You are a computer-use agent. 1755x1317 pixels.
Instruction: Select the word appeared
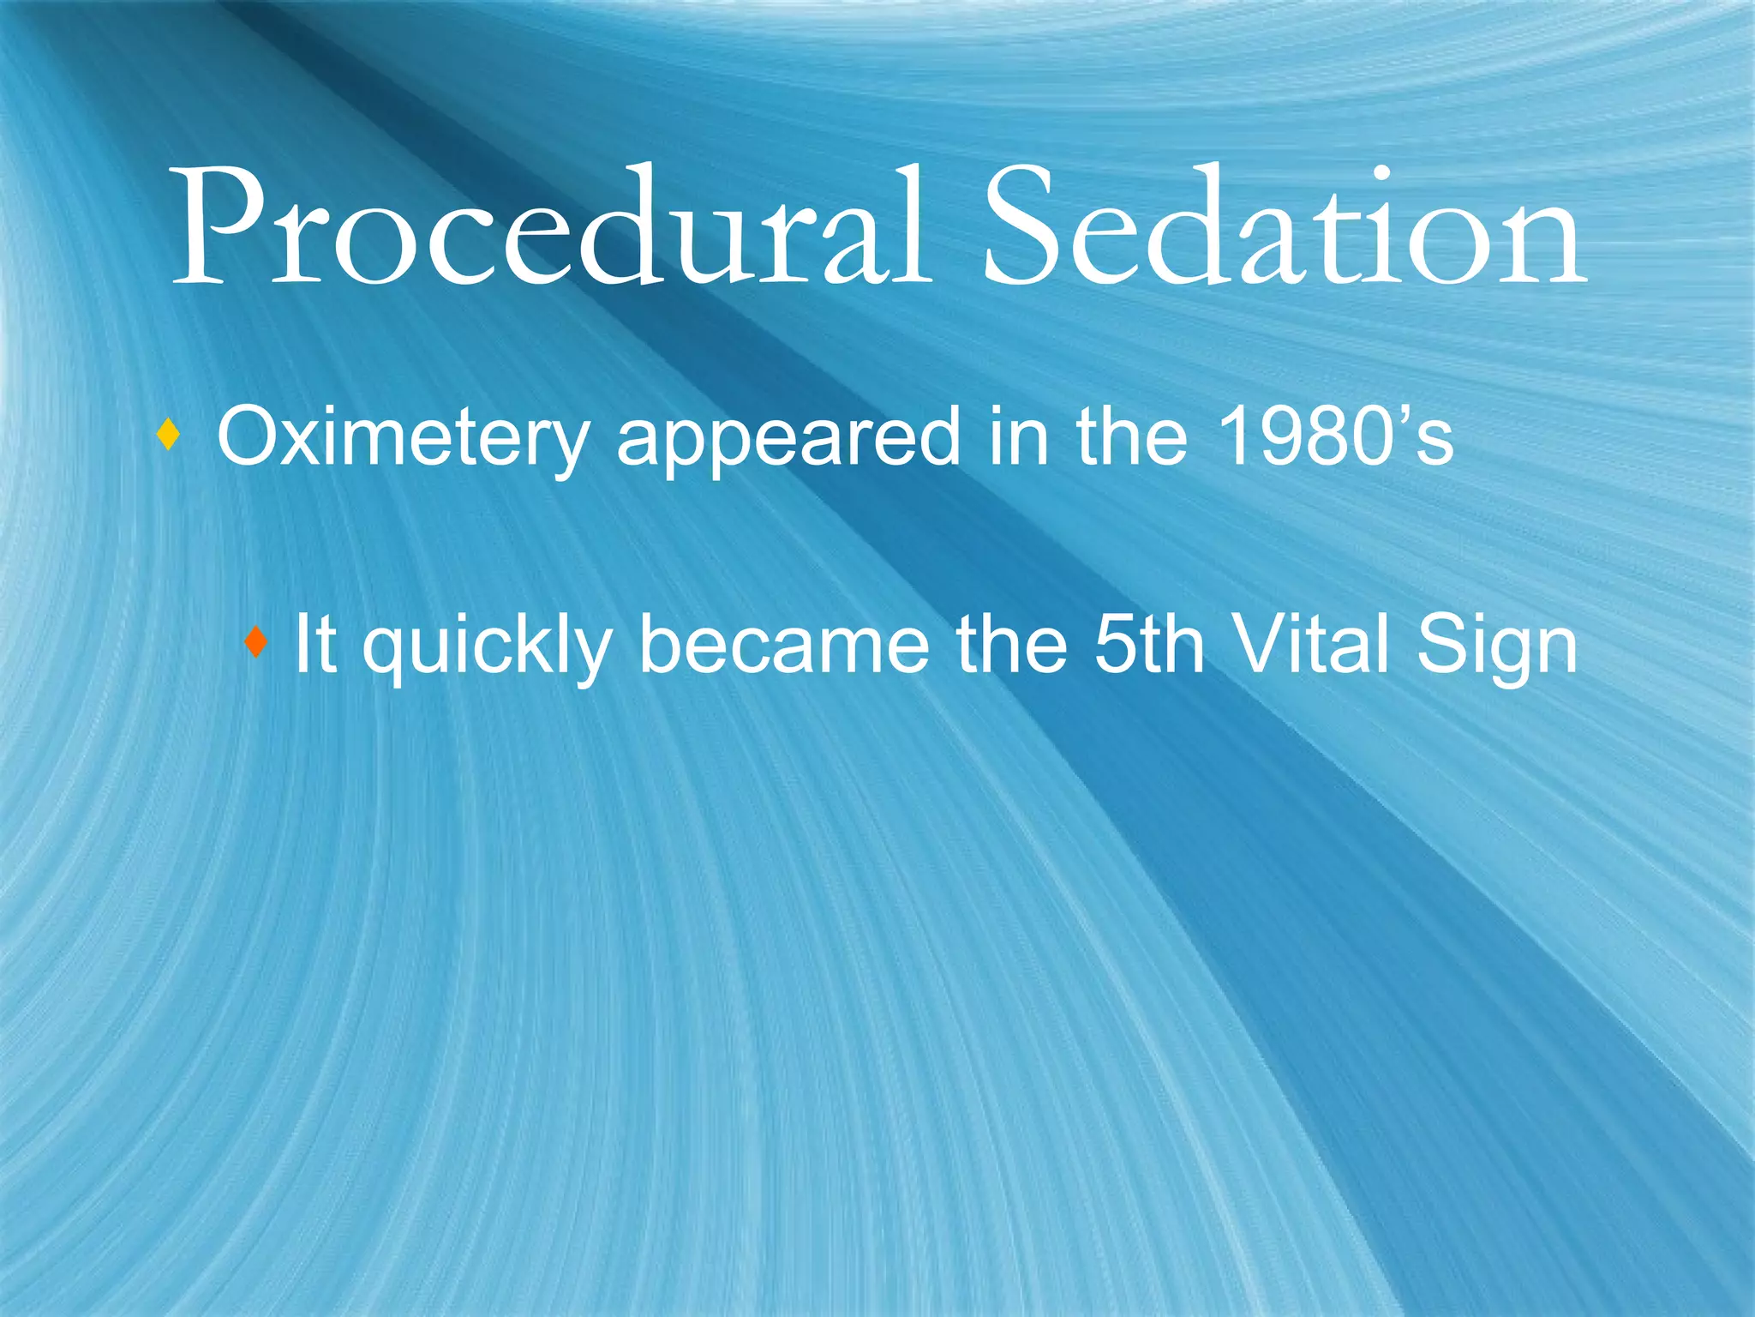pos(788,438)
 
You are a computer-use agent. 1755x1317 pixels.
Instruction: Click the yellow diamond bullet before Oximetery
pos(169,436)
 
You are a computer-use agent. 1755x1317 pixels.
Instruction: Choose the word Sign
pos(1495,647)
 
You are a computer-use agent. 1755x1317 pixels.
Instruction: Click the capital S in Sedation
pos(1025,227)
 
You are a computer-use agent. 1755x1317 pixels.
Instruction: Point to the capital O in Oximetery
pos(249,437)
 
